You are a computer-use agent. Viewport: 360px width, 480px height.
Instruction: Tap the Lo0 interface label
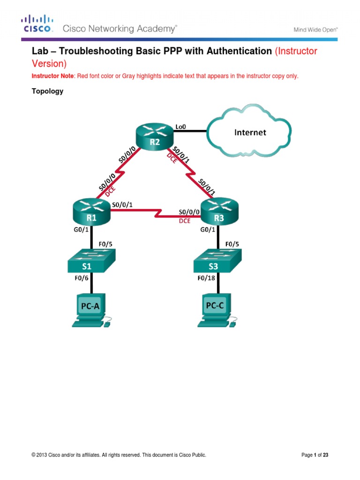click(180, 126)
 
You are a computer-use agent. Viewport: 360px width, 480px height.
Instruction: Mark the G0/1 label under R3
click(208, 230)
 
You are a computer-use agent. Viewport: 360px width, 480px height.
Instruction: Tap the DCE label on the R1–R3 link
click(185, 221)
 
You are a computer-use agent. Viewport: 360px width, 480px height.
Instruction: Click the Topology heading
click(47, 91)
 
